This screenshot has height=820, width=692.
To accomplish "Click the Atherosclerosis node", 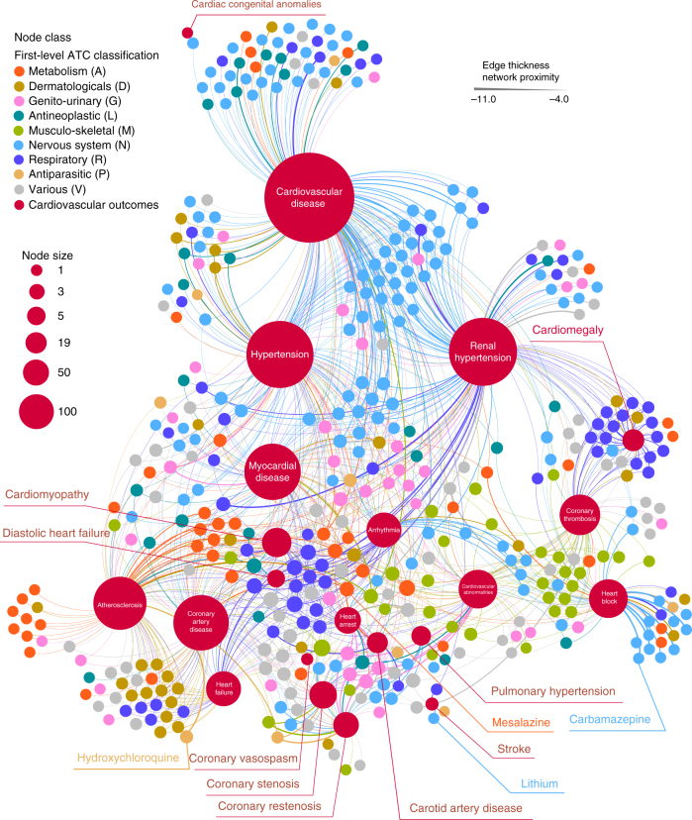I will click(x=120, y=604).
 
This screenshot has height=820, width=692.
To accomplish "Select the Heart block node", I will click(x=610, y=597).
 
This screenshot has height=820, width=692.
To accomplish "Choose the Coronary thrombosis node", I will click(x=581, y=512).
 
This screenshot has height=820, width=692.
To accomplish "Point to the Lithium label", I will click(x=542, y=785).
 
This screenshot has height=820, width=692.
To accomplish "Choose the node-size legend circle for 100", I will click(x=38, y=411).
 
